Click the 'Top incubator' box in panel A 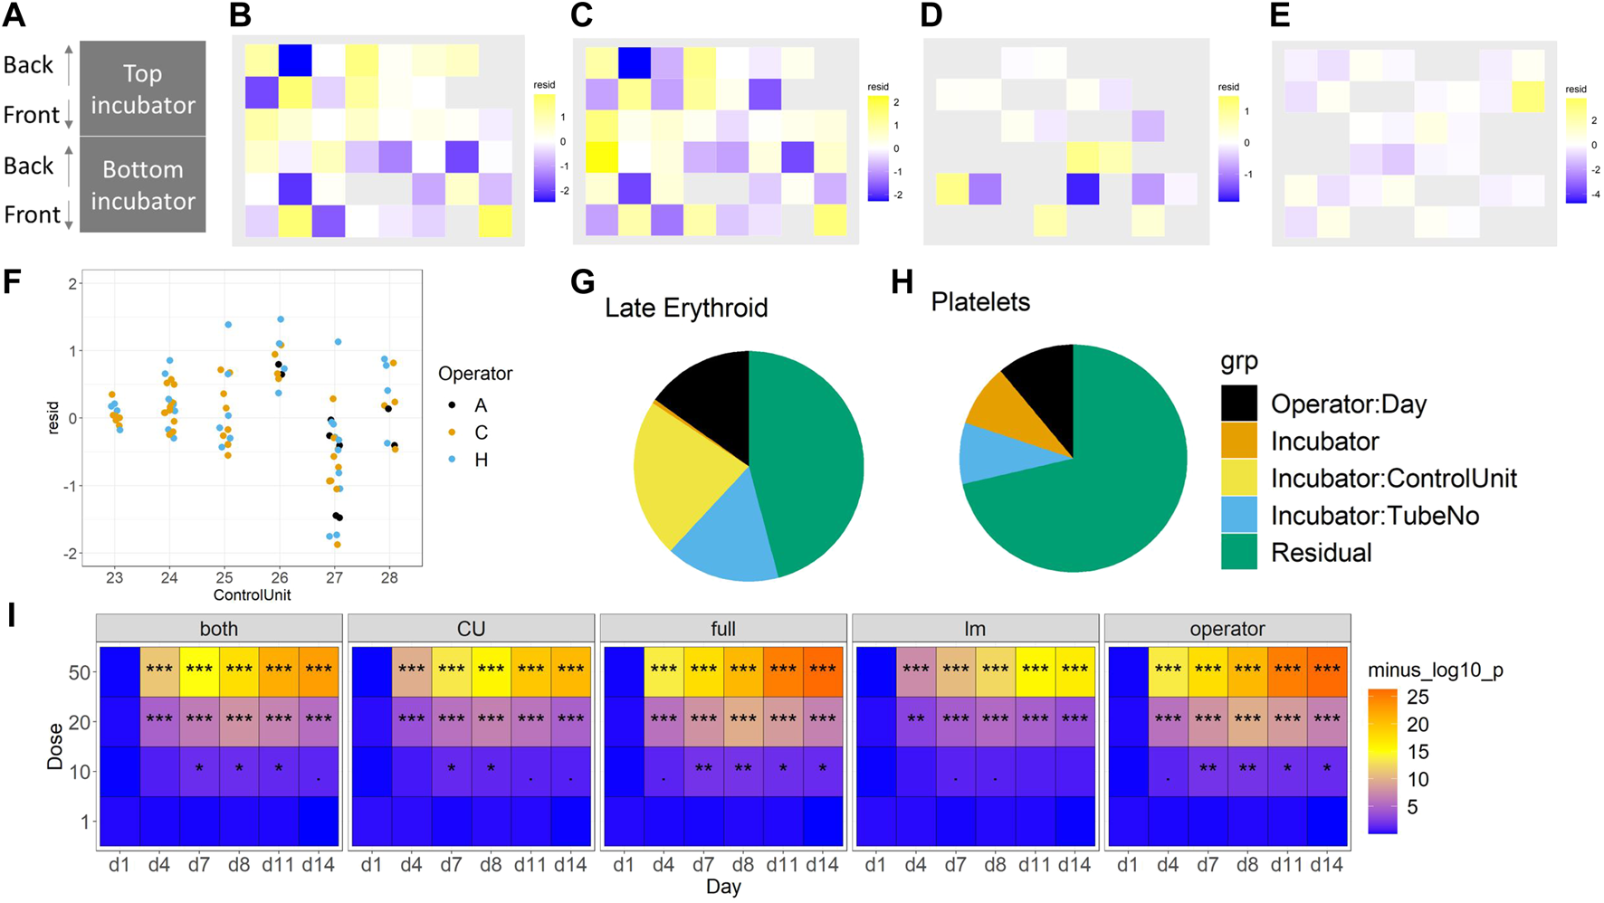143,89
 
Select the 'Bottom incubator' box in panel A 143,185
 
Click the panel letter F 12,281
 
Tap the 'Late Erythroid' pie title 686,308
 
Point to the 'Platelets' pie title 980,301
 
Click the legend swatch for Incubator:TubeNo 1238,515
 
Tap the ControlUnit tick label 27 334,577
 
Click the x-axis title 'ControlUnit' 252,595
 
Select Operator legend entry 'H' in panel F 481,460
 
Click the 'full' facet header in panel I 723,629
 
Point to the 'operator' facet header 1227,629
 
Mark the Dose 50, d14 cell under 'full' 823,671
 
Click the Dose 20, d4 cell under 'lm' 915,721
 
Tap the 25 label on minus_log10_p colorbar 1418,697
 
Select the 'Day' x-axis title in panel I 723,887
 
